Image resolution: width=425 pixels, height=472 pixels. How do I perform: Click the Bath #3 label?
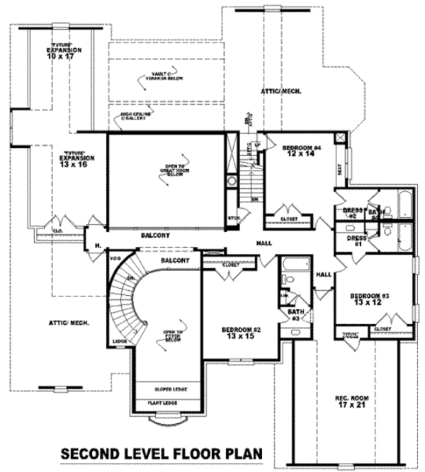(295, 315)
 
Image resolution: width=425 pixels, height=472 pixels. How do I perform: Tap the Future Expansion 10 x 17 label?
(64, 54)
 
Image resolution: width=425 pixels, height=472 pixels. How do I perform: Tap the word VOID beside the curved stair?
(115, 259)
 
